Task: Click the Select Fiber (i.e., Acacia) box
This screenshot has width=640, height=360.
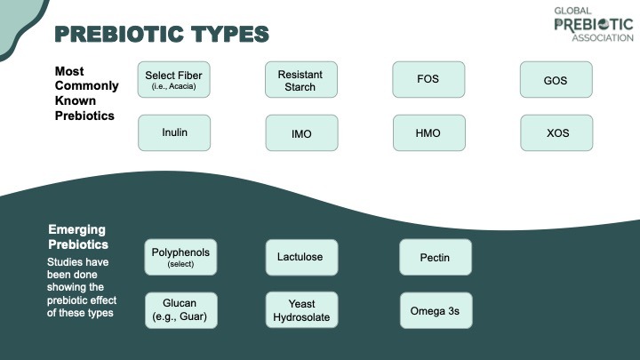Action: click(x=174, y=80)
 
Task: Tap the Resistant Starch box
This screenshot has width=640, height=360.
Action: click(x=301, y=80)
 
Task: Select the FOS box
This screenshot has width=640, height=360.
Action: click(x=428, y=80)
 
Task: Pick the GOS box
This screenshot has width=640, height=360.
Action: click(x=556, y=80)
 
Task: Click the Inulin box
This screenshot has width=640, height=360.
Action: click(x=174, y=132)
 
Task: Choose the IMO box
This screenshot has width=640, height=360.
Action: click(x=301, y=132)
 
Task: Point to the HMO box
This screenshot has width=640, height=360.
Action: click(x=429, y=132)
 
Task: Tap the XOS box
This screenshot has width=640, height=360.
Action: click(x=556, y=132)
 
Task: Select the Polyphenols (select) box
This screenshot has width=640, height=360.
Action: click(x=180, y=257)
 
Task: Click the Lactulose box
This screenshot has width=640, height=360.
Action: click(x=301, y=257)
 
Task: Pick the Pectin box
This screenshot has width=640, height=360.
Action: click(x=436, y=257)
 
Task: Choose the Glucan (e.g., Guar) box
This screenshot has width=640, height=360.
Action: click(x=180, y=310)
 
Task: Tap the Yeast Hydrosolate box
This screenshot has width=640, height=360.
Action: click(x=301, y=310)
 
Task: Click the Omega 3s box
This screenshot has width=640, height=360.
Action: click(x=436, y=310)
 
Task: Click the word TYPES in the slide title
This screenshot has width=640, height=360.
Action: click(x=230, y=34)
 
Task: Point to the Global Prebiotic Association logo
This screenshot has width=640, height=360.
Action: click(x=594, y=25)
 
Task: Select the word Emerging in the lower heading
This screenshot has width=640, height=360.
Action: click(x=76, y=230)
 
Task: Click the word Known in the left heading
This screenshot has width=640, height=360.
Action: click(x=76, y=100)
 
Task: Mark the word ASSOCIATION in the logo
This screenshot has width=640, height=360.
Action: click(x=603, y=38)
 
